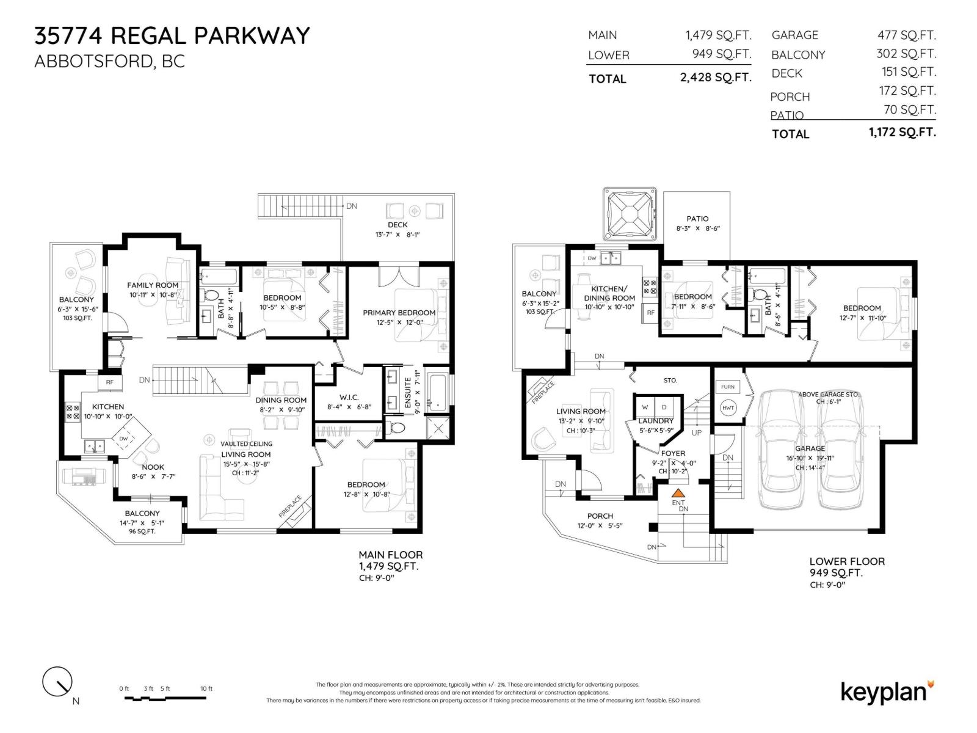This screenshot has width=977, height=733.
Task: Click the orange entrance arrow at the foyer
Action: click(678, 492)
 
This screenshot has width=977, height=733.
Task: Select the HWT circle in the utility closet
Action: click(728, 407)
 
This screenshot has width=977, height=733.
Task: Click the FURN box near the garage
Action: click(727, 387)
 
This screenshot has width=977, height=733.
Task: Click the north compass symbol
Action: click(57, 681)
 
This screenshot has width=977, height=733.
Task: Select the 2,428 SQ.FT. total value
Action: click(715, 78)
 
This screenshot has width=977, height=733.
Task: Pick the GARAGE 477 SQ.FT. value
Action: click(906, 35)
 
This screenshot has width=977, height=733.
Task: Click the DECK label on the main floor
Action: click(398, 225)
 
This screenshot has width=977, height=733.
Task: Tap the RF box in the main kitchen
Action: click(110, 382)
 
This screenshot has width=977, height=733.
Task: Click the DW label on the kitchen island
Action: click(124, 439)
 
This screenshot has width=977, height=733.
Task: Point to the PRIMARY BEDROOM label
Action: click(399, 313)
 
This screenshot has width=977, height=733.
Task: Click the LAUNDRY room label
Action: click(655, 421)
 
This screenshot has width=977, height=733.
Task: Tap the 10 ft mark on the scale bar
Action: click(206, 689)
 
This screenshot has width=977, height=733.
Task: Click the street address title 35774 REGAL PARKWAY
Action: click(172, 35)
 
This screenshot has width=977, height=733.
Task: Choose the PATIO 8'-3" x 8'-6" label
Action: click(697, 219)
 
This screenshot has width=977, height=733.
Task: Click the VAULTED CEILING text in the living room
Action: click(247, 443)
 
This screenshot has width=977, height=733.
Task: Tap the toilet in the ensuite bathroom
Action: click(398, 428)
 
